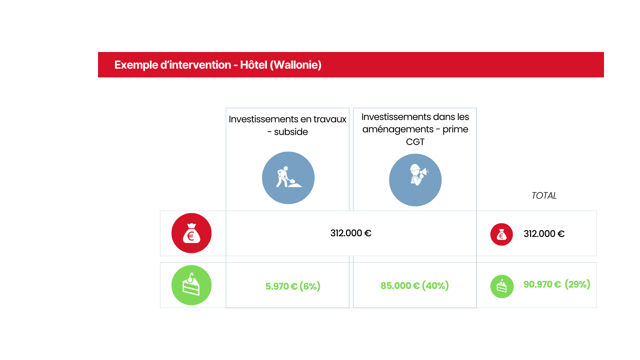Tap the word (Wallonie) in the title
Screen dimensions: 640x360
(296, 65)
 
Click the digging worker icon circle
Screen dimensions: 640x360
(288, 178)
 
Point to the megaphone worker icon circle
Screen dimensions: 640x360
(415, 180)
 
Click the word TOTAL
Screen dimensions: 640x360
(544, 196)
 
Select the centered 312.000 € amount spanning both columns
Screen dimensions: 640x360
(351, 233)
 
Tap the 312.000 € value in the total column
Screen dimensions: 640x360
(544, 234)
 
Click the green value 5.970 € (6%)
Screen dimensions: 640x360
(293, 286)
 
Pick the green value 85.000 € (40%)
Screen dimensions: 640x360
(415, 286)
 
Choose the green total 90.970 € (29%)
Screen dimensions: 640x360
(557, 284)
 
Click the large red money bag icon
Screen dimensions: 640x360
(191, 233)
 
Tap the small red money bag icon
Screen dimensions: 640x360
(501, 234)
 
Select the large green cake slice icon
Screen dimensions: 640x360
(191, 285)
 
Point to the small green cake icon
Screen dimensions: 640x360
(502, 286)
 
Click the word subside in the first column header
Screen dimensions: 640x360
(291, 132)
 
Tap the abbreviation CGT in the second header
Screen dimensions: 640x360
(415, 142)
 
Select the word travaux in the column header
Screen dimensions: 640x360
(330, 119)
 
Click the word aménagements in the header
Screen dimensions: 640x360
(398, 130)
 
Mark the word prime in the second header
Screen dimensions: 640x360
(455, 130)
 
